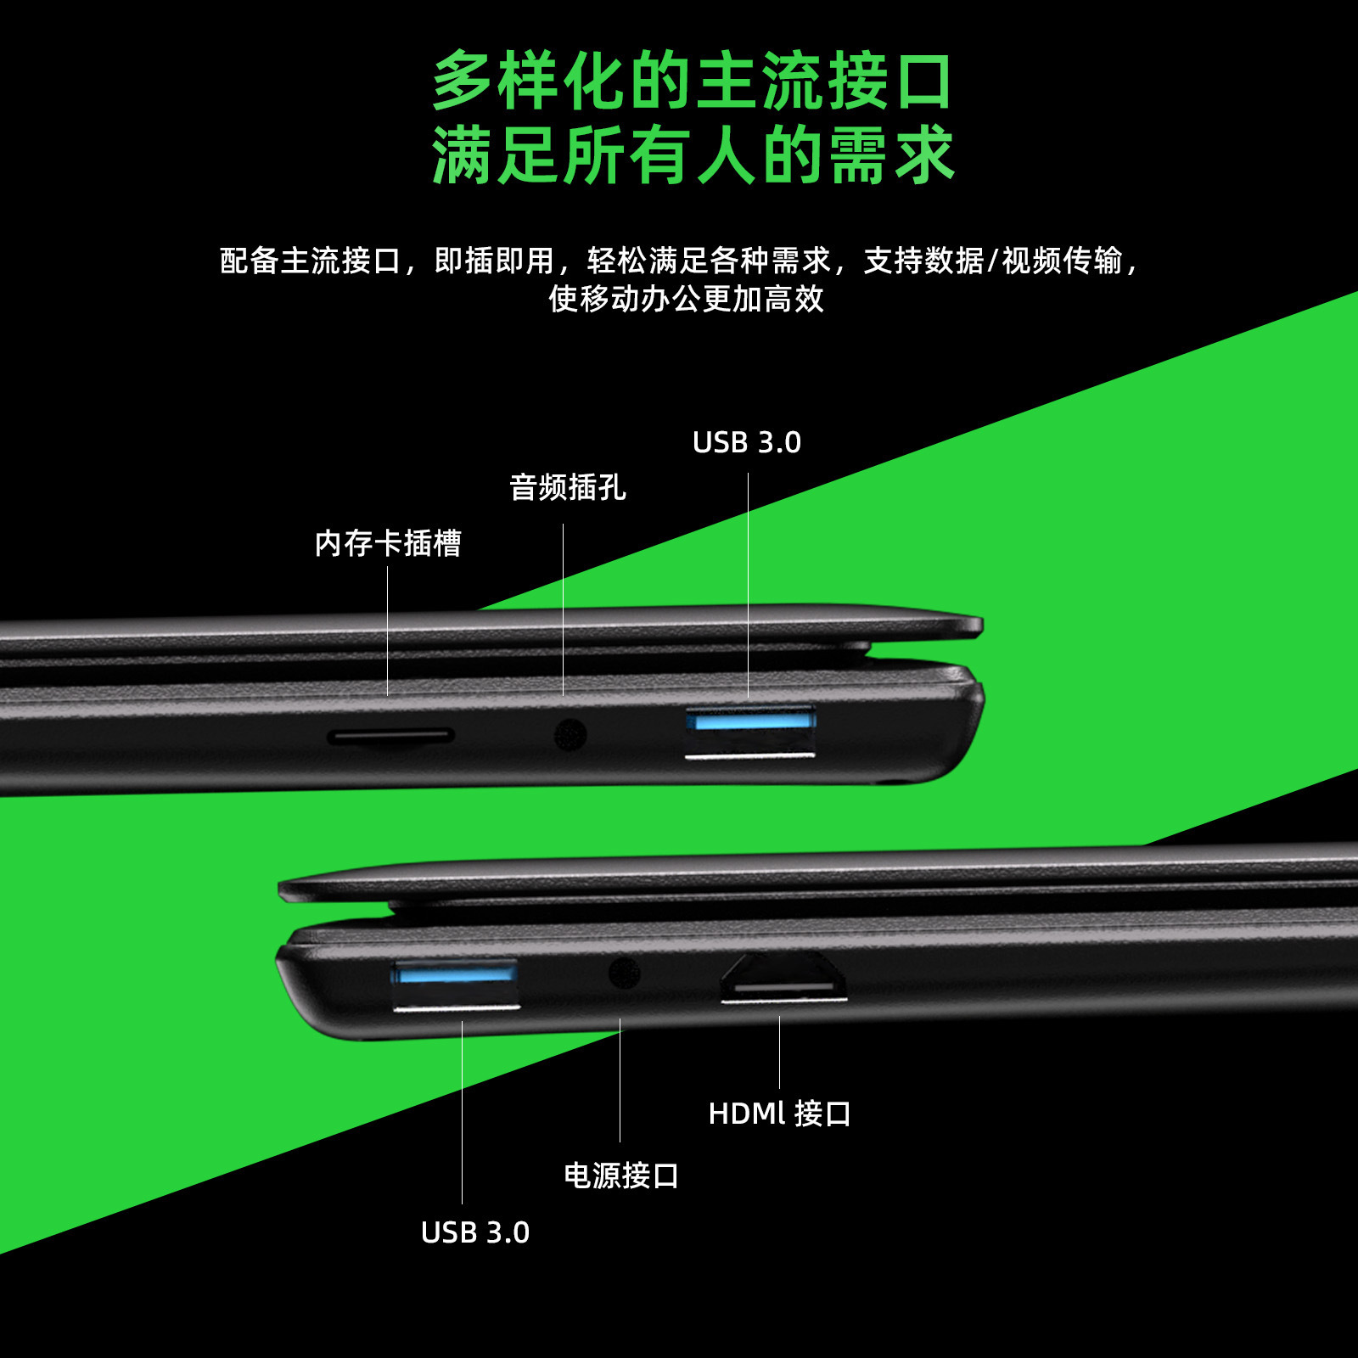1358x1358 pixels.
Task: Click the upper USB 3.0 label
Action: [x=746, y=443]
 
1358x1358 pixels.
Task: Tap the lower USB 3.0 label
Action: [x=474, y=1232]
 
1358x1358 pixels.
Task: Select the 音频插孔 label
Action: [x=567, y=488]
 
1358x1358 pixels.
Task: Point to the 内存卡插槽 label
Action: [x=388, y=543]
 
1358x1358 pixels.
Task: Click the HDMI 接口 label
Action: [x=779, y=1114]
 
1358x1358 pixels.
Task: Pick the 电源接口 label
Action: [x=620, y=1176]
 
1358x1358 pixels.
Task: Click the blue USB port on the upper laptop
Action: [x=750, y=731]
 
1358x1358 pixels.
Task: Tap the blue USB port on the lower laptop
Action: [x=456, y=984]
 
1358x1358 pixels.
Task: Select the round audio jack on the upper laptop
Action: [x=570, y=735]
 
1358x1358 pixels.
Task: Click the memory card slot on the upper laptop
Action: [x=391, y=736]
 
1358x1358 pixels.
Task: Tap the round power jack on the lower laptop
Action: [x=624, y=973]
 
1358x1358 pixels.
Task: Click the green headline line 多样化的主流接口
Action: [x=693, y=81]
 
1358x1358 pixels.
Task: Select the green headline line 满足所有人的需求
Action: [x=693, y=155]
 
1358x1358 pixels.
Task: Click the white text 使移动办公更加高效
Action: [x=686, y=299]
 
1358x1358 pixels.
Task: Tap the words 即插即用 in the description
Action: [x=494, y=261]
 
